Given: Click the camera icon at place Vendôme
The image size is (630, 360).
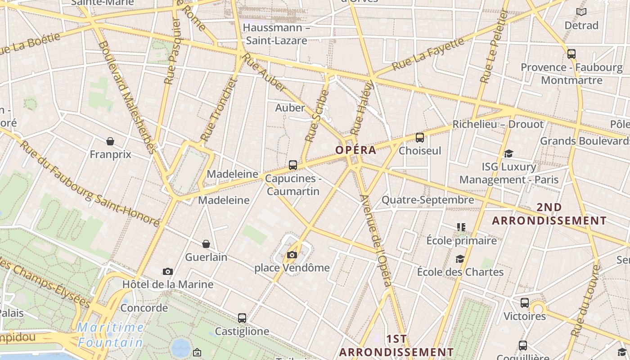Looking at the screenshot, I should point(292,255).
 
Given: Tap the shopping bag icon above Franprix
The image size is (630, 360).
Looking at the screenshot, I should point(110,141).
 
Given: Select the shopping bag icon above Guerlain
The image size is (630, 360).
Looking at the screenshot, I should point(206,244).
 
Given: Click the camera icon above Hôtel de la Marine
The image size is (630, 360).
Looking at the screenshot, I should point(168,271).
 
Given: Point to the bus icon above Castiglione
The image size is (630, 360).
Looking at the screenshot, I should point(242,318).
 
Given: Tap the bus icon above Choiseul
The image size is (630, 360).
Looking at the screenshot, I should point(420,138).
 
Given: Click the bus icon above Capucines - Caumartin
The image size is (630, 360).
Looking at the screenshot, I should point(293,165).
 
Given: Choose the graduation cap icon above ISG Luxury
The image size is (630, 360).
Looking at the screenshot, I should point(508,154).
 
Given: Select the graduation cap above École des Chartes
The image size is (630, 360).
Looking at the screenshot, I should point(460,259).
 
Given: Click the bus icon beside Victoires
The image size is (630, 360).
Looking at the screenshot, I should point(525,303).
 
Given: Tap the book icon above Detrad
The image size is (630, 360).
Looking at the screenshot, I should point(581,12).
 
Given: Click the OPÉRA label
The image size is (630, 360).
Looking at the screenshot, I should point(355,150).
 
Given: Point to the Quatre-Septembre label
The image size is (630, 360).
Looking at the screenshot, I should point(427,200).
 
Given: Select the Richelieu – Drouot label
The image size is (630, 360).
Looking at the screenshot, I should point(498,124).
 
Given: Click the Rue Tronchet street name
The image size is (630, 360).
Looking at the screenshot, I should point(219,109).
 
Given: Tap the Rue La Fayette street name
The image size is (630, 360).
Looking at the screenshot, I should point(427,54).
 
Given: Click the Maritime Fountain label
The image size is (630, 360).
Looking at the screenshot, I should point(110,335).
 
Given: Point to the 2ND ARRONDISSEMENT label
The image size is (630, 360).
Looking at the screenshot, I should point(549,214).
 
